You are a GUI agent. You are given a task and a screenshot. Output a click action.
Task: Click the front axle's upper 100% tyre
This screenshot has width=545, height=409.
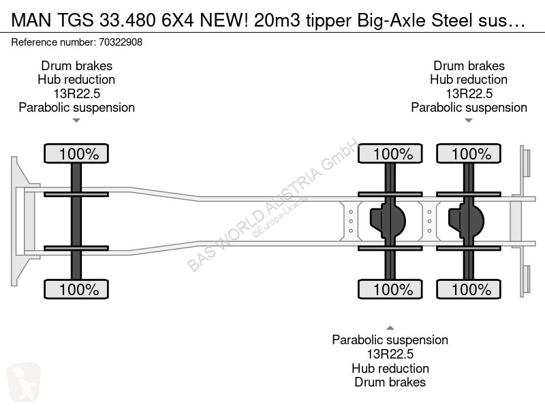point(76,153)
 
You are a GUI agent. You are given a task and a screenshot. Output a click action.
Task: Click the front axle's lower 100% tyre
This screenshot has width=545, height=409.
point(76,289)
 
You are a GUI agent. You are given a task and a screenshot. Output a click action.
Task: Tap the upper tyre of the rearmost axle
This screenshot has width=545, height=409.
point(469,153)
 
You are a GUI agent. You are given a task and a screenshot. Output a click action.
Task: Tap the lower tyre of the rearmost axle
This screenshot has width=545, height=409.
point(469,289)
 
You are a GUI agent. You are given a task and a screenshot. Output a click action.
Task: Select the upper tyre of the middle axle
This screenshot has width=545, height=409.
point(390,153)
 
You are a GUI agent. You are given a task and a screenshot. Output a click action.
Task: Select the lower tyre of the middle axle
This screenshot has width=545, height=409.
point(390,289)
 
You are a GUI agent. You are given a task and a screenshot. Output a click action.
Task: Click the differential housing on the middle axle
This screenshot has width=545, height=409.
point(388,221)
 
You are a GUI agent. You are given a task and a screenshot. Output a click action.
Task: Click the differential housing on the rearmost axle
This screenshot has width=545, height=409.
point(466,221)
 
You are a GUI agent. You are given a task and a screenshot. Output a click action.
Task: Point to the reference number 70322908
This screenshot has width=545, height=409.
point(121,42)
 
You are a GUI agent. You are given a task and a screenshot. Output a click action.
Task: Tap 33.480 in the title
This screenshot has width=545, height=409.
point(127,20)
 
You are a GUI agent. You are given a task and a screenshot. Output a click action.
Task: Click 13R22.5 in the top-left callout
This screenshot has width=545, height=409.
point(77,93)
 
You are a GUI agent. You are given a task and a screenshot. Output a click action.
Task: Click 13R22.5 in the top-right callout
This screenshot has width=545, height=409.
point(469,93)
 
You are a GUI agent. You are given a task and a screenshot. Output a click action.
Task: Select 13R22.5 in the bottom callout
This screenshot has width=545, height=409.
point(390,354)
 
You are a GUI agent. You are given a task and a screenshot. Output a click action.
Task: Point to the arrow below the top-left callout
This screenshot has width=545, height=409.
point(76,121)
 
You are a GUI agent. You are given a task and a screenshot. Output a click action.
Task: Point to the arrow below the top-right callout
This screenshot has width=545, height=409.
point(469,121)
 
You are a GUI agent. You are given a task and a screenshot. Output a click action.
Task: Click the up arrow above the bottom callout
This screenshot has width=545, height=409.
point(390,328)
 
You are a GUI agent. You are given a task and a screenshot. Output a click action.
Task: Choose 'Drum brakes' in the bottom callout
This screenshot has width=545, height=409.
point(390,382)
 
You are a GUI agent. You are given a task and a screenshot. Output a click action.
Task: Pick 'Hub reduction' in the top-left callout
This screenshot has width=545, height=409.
point(76,80)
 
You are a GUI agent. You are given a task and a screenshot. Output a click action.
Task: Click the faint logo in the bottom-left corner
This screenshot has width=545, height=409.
point(24,382)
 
